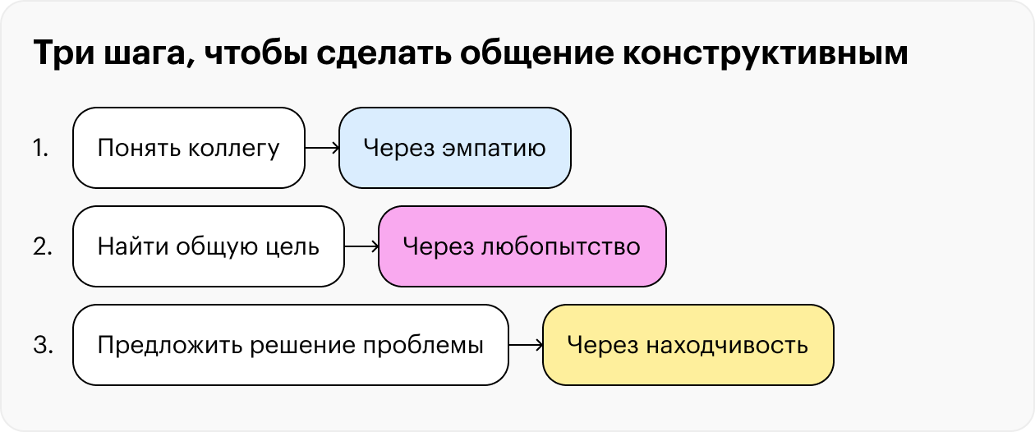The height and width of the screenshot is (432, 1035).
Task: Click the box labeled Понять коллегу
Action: pos(189,148)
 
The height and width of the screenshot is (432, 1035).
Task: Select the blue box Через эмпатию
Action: pos(455,148)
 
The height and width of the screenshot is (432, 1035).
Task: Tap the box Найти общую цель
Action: pos(209,246)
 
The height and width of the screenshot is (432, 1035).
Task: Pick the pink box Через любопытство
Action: pos(522,246)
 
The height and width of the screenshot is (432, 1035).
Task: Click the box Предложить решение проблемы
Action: pos(291,345)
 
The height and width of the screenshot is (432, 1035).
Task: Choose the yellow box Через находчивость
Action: pos(688,345)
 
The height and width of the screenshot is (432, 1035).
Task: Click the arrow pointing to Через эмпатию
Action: pos(322,148)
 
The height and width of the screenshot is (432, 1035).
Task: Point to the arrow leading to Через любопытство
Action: pos(361,246)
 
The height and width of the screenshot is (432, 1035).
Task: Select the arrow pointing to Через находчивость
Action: pos(526,345)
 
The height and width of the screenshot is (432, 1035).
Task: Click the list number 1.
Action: pos(41,149)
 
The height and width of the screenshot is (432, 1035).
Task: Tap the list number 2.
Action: pos(43,246)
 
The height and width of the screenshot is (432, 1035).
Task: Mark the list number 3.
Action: pos(43,345)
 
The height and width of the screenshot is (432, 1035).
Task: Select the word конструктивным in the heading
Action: pos(766,53)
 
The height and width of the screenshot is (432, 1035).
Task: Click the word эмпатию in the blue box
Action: pos(494,149)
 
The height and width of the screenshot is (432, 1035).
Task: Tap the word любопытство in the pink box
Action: pos(561,247)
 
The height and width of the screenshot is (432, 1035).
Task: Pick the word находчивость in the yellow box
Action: pos(727,346)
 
